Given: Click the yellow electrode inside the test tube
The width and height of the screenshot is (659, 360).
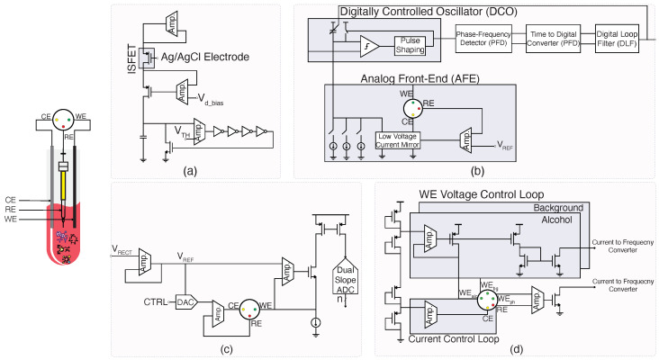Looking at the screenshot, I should click(65, 190).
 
